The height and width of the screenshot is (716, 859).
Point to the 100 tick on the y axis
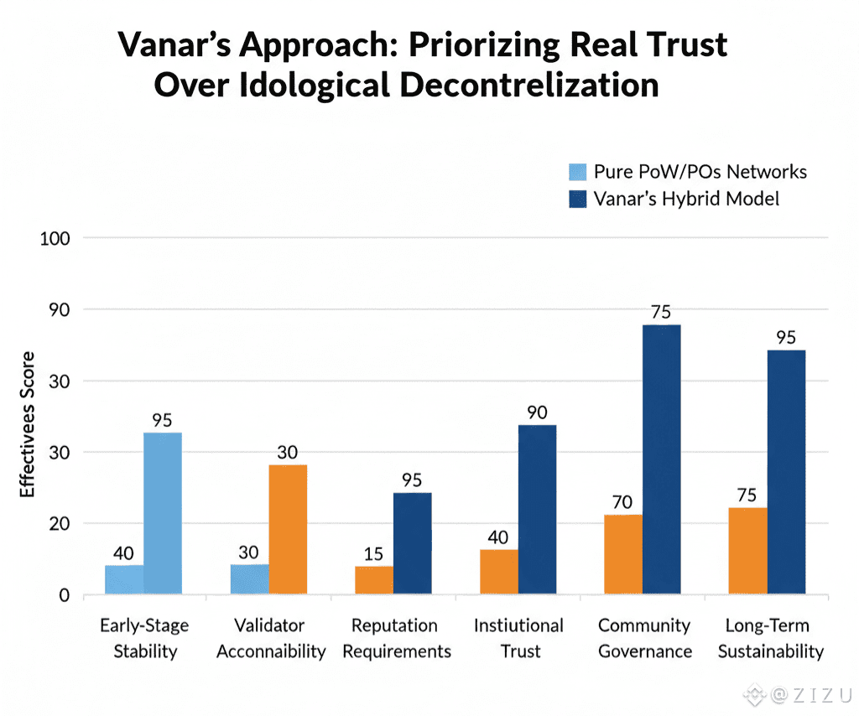pyautogui.click(x=55, y=238)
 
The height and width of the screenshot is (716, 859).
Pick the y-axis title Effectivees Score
pyautogui.click(x=29, y=424)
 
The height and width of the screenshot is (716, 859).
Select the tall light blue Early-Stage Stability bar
pyautogui.click(x=163, y=513)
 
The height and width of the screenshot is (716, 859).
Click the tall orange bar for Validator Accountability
pyautogui.click(x=288, y=529)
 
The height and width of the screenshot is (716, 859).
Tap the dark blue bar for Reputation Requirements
pyautogui.click(x=413, y=543)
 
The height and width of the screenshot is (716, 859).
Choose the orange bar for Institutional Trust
pyautogui.click(x=499, y=572)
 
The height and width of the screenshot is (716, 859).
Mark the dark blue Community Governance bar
pyautogui.click(x=662, y=459)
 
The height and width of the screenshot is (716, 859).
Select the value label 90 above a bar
pyautogui.click(x=537, y=412)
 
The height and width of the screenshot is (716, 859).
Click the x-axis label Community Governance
pyautogui.click(x=644, y=638)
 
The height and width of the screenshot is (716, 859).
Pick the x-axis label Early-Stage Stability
pyautogui.click(x=144, y=638)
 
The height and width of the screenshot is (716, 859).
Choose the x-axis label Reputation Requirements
pyautogui.click(x=394, y=638)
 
